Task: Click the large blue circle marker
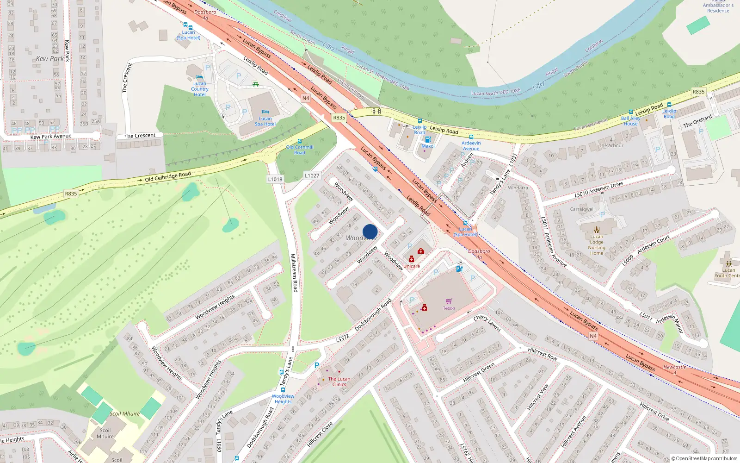click(370, 231)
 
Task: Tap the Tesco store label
click(449, 308)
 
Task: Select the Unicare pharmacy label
click(412, 266)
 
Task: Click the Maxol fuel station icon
click(428, 139)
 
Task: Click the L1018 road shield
click(275, 179)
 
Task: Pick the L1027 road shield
click(312, 175)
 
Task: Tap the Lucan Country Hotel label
click(200, 89)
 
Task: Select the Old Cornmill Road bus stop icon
click(300, 141)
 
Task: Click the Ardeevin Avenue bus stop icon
click(471, 137)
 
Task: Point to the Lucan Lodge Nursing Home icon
click(597, 229)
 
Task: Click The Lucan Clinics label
click(339, 382)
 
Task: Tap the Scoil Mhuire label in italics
click(125, 413)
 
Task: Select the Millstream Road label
click(294, 273)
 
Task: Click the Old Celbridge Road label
click(168, 176)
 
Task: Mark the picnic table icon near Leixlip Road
click(255, 84)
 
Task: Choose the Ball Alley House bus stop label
click(630, 121)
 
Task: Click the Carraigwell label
click(582, 209)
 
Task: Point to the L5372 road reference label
click(342, 338)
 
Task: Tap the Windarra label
click(518, 188)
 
